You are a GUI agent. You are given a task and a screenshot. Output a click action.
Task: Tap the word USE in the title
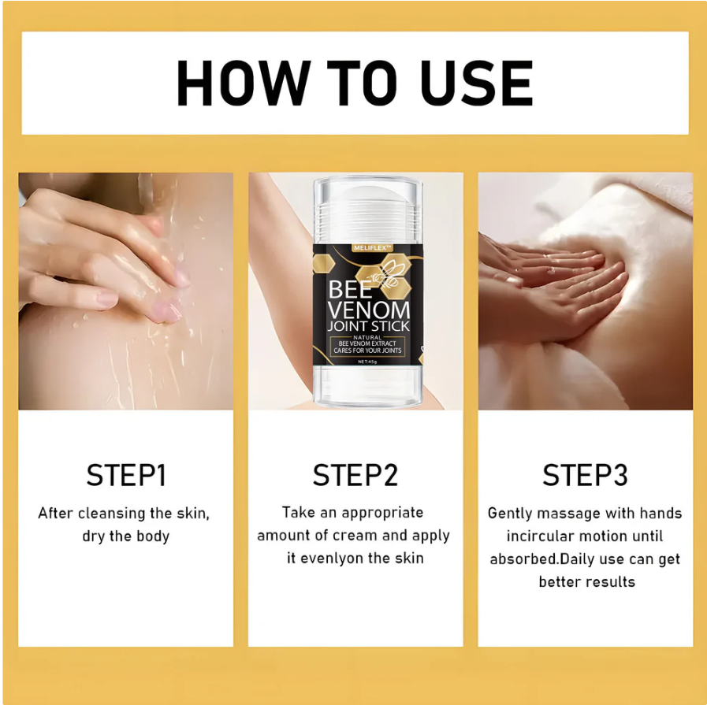pos(477,83)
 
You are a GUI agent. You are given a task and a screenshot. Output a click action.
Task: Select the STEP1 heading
pos(126,475)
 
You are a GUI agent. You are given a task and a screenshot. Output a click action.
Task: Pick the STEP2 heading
pos(355,475)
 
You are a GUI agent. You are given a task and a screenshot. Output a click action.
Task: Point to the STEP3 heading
pos(586,475)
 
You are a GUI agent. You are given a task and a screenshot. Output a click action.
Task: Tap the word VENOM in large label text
pos(368,310)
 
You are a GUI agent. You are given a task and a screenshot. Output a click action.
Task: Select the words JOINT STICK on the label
pos(368,326)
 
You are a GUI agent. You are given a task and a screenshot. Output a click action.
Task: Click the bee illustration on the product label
pos(387,273)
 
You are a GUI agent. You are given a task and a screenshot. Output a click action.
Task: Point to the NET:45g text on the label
pos(367,362)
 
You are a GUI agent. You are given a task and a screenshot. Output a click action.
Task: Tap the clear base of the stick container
pos(367,386)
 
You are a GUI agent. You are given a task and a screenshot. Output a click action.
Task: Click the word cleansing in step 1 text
pos(112,514)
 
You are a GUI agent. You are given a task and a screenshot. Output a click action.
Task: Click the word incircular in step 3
pos(544,536)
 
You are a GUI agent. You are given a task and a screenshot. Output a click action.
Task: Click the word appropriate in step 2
pos(383,513)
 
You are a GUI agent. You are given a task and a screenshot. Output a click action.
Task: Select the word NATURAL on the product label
pos(367,337)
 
